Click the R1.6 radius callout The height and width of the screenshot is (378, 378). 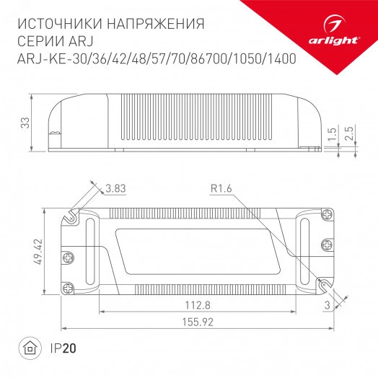click(221, 190)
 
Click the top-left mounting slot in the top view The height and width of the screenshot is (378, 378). click(71, 215)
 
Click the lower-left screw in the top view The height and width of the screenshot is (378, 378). click(69, 287)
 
